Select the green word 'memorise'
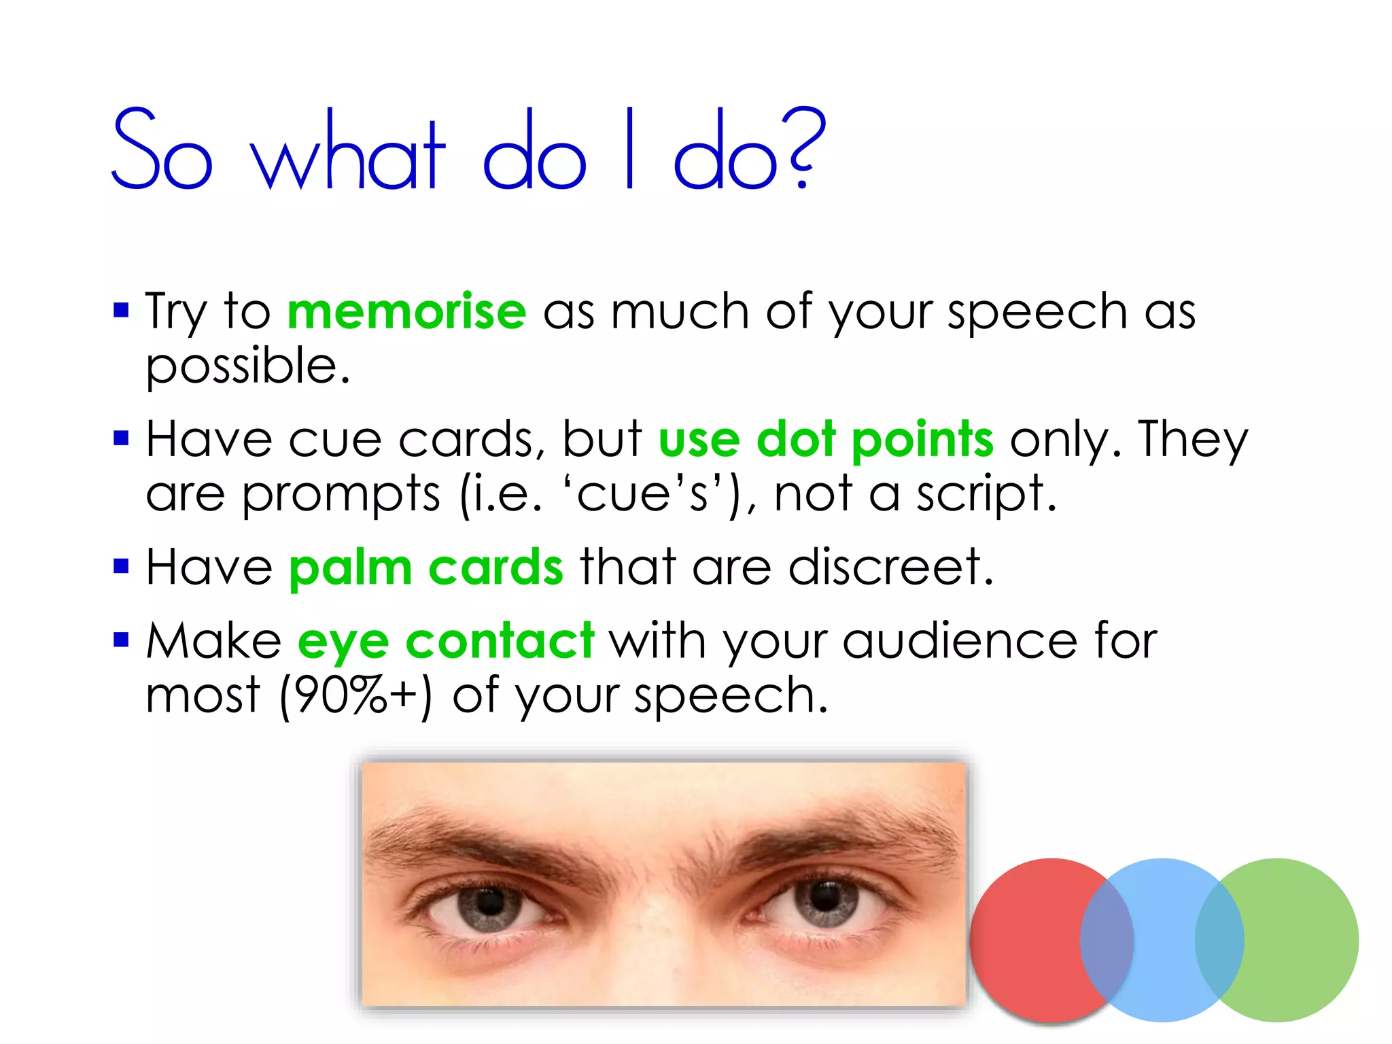pos(406,312)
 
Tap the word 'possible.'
pos(248,367)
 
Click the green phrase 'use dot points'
pos(826,440)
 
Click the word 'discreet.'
pos(891,566)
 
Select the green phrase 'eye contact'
pos(446,641)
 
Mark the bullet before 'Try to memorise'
pos(121,311)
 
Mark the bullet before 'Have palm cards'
pos(121,566)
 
